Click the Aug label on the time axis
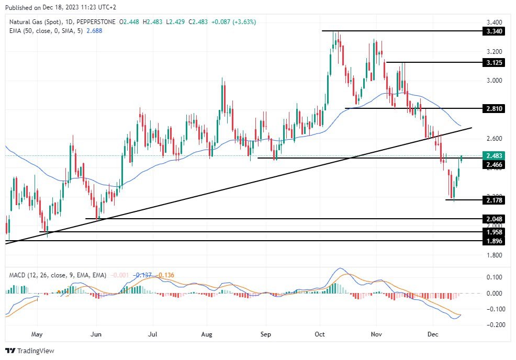(x=207, y=333)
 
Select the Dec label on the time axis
(x=432, y=333)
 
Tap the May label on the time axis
(x=37, y=333)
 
